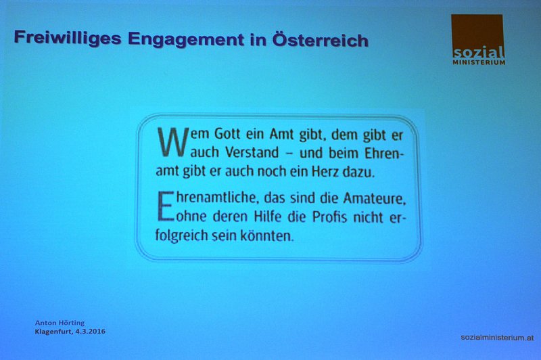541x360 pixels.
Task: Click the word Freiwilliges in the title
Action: coord(68,38)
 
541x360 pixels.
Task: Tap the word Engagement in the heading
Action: coord(186,40)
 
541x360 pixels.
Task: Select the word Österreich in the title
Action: coord(320,40)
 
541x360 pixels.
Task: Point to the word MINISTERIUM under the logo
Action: coord(479,62)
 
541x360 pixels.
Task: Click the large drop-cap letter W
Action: coord(173,142)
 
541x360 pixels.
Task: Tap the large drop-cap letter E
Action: coord(166,206)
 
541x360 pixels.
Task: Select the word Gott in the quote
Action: coord(227,133)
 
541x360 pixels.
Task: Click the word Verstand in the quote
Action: coord(252,152)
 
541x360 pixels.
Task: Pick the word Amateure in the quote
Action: coord(375,199)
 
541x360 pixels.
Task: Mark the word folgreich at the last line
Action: coord(181,236)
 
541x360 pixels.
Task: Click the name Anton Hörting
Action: coord(60,323)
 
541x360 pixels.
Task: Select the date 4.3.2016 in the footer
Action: coord(91,332)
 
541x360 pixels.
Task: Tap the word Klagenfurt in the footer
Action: coord(54,332)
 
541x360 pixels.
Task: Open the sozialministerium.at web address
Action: coord(497,338)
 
